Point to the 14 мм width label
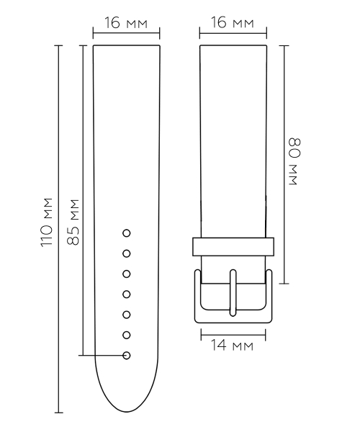click(x=233, y=346)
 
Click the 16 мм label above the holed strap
click(x=126, y=23)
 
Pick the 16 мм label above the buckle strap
click(x=233, y=23)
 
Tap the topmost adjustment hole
click(x=127, y=233)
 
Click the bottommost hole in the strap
click(x=127, y=355)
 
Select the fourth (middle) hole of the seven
click(x=127, y=294)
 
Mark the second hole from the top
click(x=127, y=253)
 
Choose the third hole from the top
click(x=127, y=274)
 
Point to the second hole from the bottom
click(x=127, y=335)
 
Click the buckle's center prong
click(x=233, y=292)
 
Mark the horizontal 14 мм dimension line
click(x=233, y=333)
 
